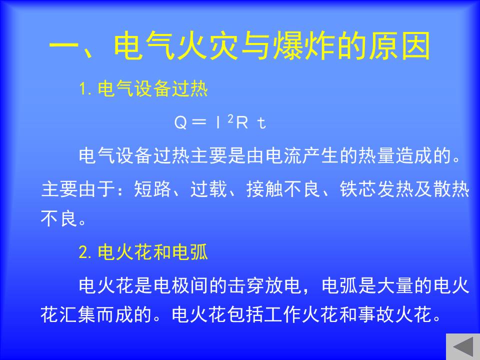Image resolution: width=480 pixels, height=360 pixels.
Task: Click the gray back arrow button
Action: pos(463,346)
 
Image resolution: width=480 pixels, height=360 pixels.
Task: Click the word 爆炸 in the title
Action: pos(303,46)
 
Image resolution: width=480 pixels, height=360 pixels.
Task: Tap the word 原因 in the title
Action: pos(400,46)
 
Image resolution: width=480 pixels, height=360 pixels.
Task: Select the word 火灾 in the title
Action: pos(207,46)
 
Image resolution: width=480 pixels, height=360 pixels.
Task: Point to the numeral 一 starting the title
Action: pos(63,47)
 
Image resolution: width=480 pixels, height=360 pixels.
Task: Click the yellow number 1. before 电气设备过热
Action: pos(85,89)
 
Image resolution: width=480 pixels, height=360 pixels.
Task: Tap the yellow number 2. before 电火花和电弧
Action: pos(85,252)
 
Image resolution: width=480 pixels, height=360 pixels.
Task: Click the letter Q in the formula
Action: pos(180,123)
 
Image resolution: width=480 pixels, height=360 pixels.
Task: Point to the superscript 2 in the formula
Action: pos(231,119)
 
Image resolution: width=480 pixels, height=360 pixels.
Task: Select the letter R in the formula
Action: pos(242,123)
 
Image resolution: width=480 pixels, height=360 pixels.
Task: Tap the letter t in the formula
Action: pos(261,123)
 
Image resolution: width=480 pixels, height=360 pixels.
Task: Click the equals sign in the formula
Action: pos(198,123)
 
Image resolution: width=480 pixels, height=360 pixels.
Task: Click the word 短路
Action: pos(152,189)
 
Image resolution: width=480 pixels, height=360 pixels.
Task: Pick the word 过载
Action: pos(209,189)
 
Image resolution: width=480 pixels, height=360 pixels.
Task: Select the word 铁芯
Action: pos(358,189)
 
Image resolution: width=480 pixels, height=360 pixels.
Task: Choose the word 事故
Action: pos(376,314)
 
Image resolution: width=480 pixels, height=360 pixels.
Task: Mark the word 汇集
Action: pos(78,314)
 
